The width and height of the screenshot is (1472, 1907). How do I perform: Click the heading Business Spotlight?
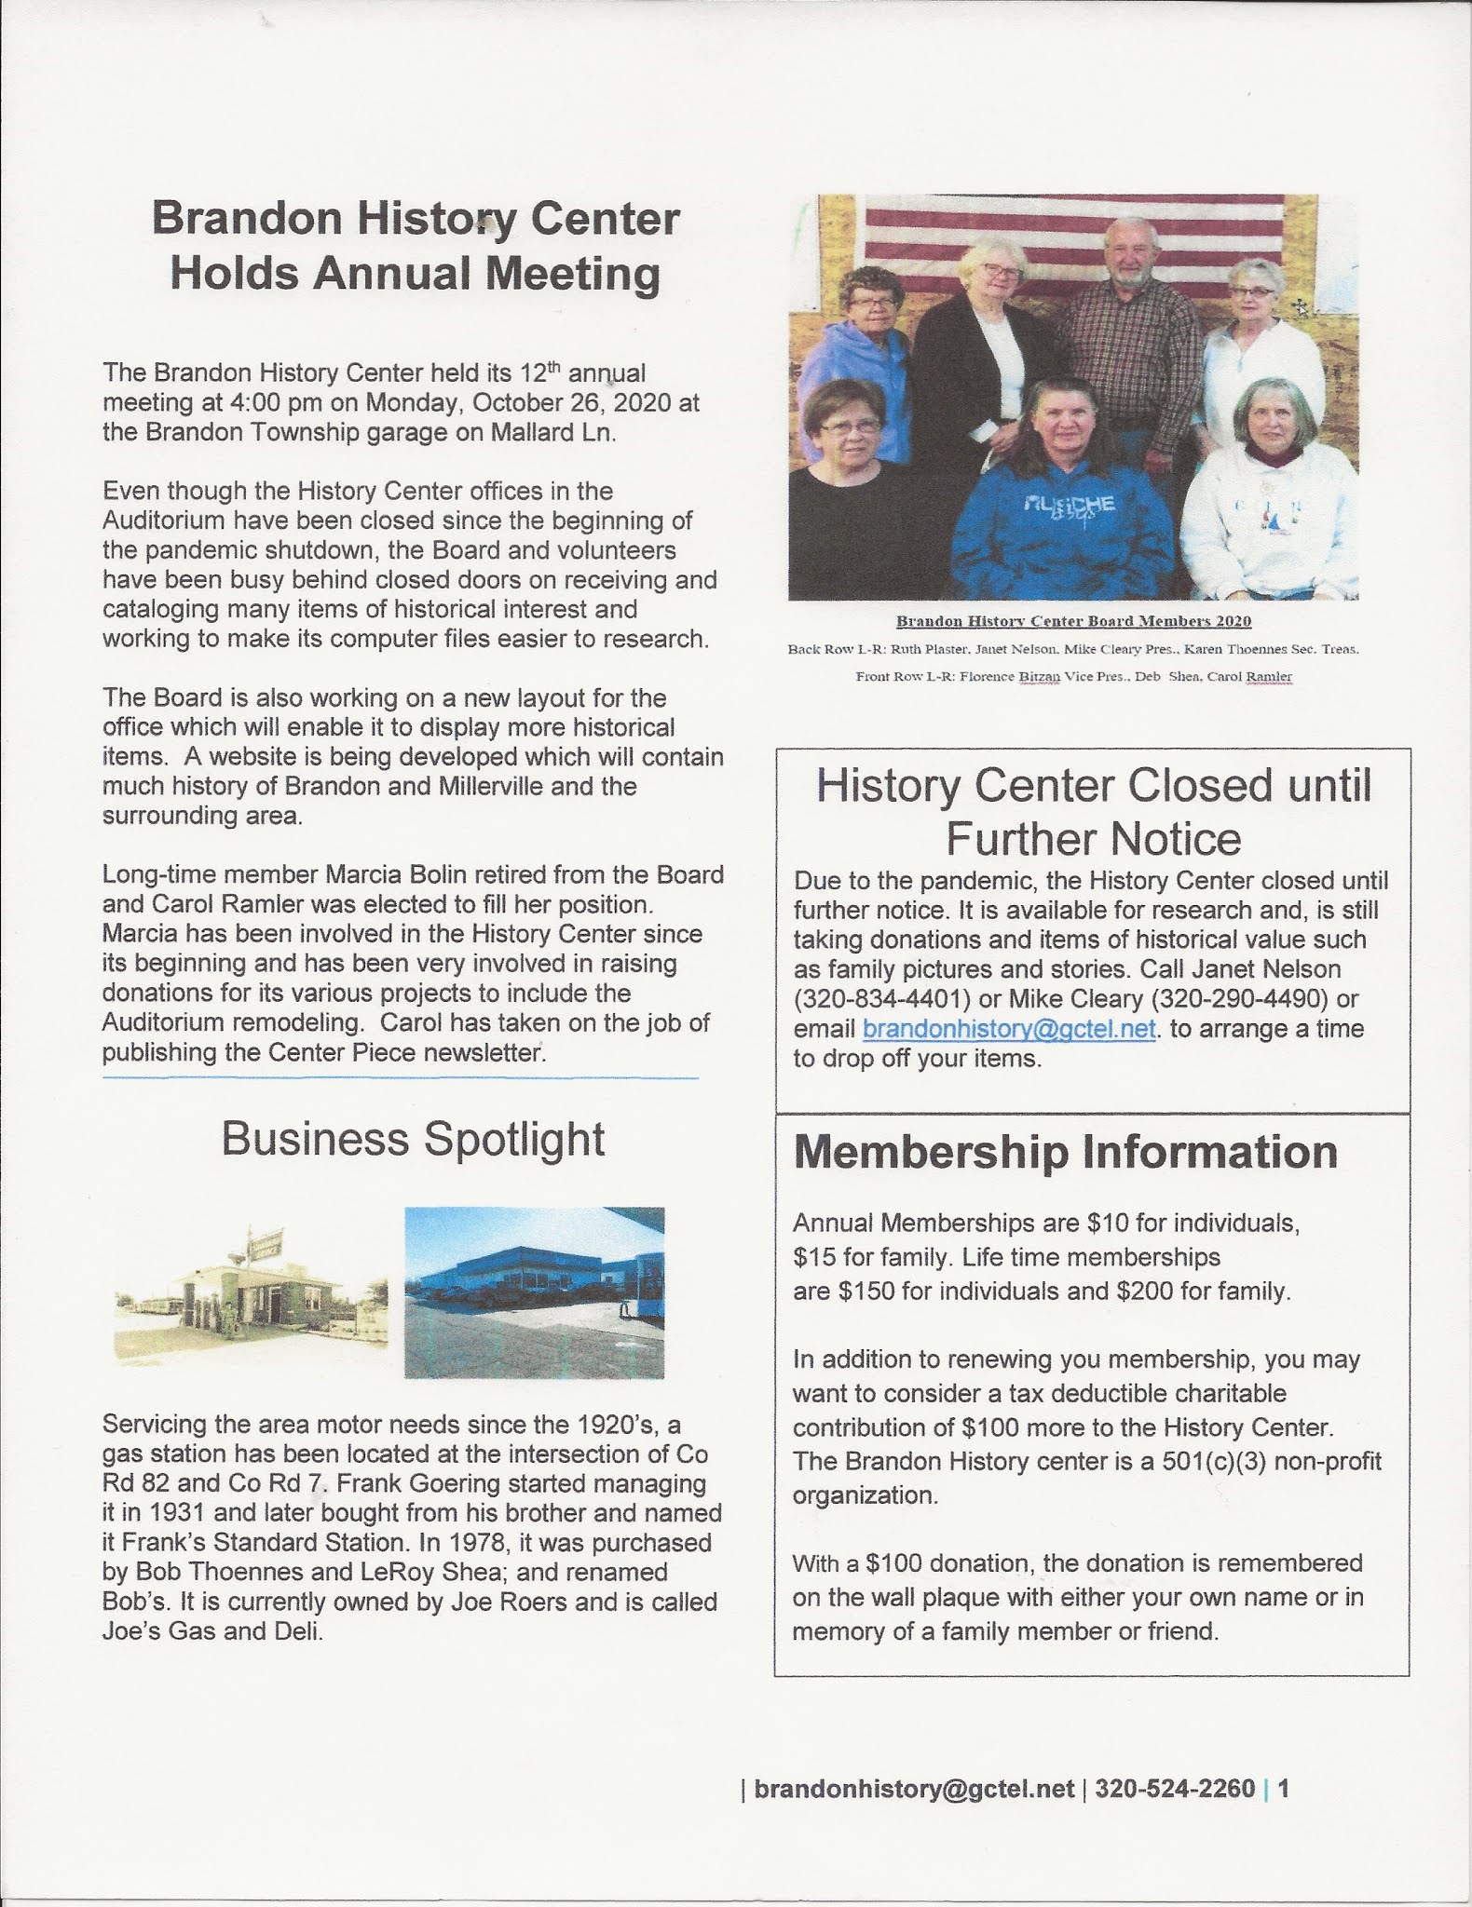[x=413, y=1140]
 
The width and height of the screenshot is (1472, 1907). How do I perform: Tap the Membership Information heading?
[x=1065, y=1153]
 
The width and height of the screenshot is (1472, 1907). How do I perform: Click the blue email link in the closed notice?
[x=1009, y=1029]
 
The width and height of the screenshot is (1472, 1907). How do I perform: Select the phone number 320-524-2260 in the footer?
[x=1175, y=1790]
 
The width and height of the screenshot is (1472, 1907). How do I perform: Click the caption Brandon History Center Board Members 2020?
[x=1073, y=621]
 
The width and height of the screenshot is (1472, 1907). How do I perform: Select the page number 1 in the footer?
[x=1284, y=1790]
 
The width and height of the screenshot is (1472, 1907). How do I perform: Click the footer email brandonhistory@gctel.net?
[x=913, y=1790]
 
